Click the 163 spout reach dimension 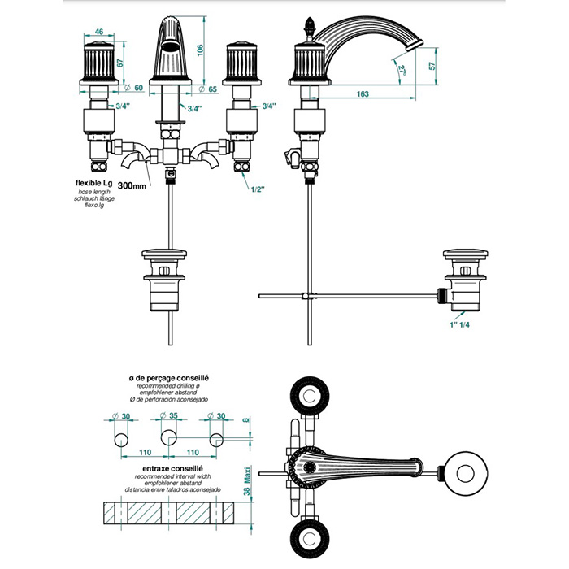click(x=363, y=94)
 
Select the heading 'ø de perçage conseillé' click(x=169, y=378)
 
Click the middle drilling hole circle click(x=168, y=440)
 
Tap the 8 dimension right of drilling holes click(x=245, y=422)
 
